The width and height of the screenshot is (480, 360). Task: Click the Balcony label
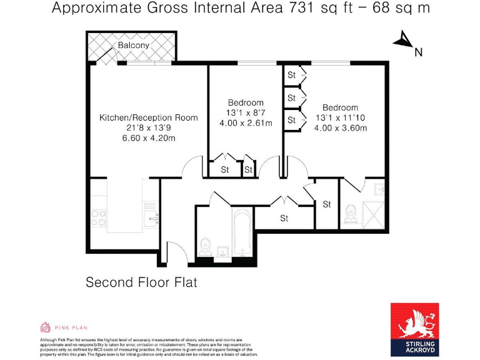click(x=133, y=46)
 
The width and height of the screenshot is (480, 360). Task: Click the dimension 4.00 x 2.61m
click(x=246, y=123)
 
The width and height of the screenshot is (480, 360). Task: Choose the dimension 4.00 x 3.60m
click(x=341, y=128)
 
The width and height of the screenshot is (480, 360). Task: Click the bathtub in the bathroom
click(x=242, y=234)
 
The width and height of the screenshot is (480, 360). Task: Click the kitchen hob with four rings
click(x=99, y=217)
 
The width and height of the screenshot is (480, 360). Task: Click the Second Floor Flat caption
click(x=141, y=282)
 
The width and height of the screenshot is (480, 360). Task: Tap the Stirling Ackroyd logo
click(x=414, y=329)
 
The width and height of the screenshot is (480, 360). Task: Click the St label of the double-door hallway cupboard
click(x=284, y=218)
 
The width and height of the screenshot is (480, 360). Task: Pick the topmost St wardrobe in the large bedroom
click(x=291, y=75)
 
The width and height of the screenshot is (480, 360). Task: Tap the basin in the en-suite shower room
click(x=379, y=189)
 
